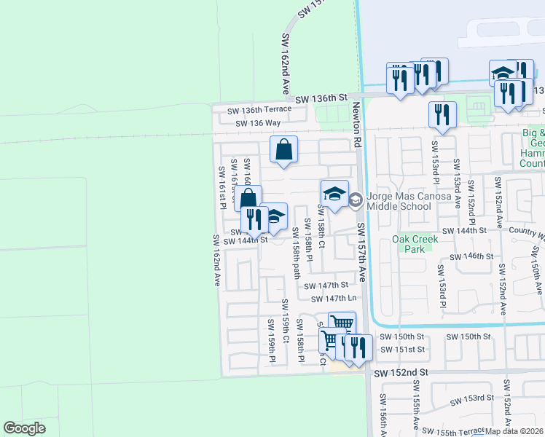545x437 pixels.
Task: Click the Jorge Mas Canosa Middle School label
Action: tap(399, 201)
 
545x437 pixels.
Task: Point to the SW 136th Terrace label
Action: tap(259, 110)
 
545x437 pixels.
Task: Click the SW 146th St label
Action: tap(472, 257)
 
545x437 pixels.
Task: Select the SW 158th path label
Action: tap(296, 252)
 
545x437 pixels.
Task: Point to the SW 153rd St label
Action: tap(472, 398)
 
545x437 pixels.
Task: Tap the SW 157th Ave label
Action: tap(362, 253)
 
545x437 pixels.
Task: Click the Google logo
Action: tap(24, 428)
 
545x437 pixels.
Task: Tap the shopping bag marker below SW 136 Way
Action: tap(283, 149)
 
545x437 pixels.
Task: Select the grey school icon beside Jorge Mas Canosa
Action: tap(356, 201)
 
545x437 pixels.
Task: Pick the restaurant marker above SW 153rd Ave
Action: tap(442, 115)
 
